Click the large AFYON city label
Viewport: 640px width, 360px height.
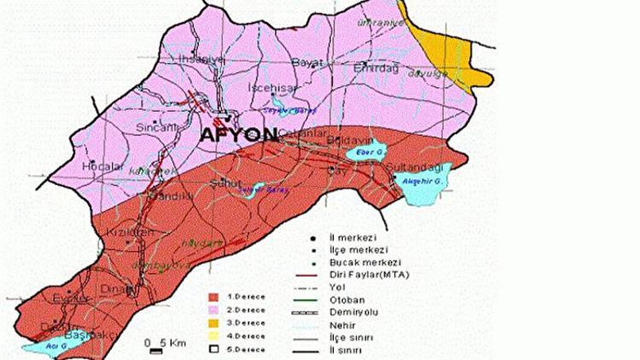tap(239, 135)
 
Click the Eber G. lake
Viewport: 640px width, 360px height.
tap(364, 154)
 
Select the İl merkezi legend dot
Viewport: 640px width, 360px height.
tap(315, 238)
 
